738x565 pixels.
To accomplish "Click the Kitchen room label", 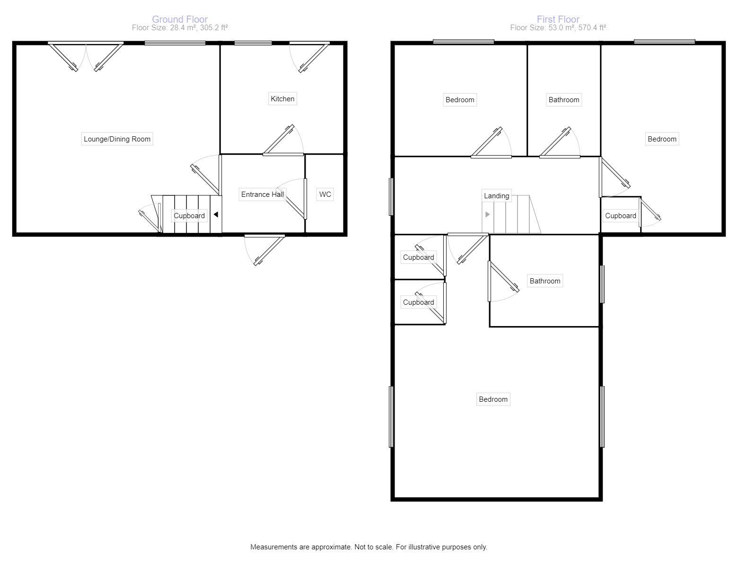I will [x=282, y=99].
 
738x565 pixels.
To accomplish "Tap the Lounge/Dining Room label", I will [x=117, y=139].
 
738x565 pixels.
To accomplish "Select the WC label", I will [x=325, y=194].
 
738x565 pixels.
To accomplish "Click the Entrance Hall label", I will [x=262, y=194].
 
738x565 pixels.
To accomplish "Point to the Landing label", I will [x=496, y=196].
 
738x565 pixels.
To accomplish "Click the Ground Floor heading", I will [x=180, y=19].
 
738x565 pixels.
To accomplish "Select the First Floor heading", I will [x=558, y=19].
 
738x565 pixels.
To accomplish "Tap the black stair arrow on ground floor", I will [x=216, y=215].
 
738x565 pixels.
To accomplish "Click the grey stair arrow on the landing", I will [x=487, y=214].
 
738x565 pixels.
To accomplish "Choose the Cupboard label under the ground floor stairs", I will [x=189, y=216].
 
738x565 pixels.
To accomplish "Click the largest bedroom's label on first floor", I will [x=493, y=399].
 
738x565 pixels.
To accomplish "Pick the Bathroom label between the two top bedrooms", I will [x=563, y=100].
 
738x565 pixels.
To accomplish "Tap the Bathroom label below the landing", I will [x=545, y=281].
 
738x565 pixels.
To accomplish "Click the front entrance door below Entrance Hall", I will [x=264, y=249].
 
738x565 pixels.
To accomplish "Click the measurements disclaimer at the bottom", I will [x=369, y=547].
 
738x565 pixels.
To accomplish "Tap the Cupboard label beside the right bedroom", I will [x=620, y=216].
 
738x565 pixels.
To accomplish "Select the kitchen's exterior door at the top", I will [x=310, y=57].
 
